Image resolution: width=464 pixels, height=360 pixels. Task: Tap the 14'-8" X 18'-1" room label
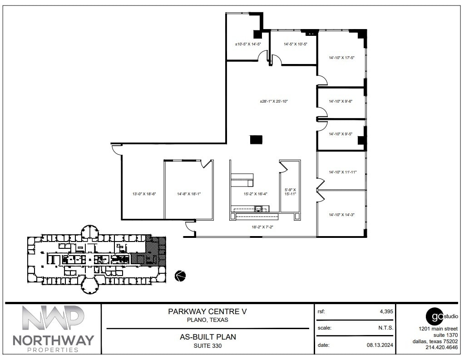pyautogui.click(x=188, y=194)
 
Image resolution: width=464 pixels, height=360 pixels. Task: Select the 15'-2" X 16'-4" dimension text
pyautogui.click(x=255, y=194)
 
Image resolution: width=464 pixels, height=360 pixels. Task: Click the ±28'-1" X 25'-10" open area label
pyautogui.click(x=274, y=101)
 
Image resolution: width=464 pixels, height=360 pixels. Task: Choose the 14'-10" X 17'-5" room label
pyautogui.click(x=341, y=58)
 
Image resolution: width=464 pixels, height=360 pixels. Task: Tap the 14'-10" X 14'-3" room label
pyautogui.click(x=341, y=214)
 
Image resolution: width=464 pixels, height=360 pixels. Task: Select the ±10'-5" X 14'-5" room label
pyautogui.click(x=247, y=44)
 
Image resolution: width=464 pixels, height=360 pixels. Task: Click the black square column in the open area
pyautogui.click(x=256, y=140)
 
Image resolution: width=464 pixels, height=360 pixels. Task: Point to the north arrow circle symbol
pyautogui.click(x=180, y=275)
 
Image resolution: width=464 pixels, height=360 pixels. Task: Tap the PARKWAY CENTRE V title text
pyautogui.click(x=207, y=312)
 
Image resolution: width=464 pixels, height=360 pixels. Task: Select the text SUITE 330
pyautogui.click(x=207, y=346)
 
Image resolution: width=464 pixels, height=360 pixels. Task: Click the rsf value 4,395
pyautogui.click(x=386, y=311)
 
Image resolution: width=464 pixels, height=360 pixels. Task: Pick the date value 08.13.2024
pyautogui.click(x=380, y=345)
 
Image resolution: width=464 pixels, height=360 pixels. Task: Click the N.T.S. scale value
pyautogui.click(x=385, y=328)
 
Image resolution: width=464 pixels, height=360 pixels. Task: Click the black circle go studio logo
pyautogui.click(x=434, y=316)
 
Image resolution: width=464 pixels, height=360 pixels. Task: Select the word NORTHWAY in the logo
pyautogui.click(x=53, y=340)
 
